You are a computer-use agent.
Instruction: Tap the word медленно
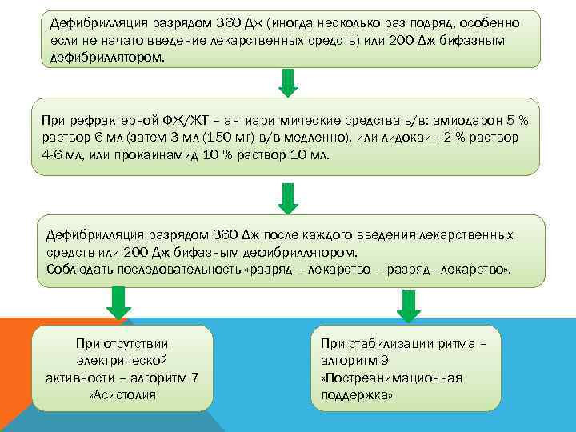(314, 138)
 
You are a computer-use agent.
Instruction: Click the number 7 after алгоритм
(195, 378)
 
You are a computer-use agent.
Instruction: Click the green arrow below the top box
(289, 82)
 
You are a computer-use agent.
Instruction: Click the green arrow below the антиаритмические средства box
(289, 197)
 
